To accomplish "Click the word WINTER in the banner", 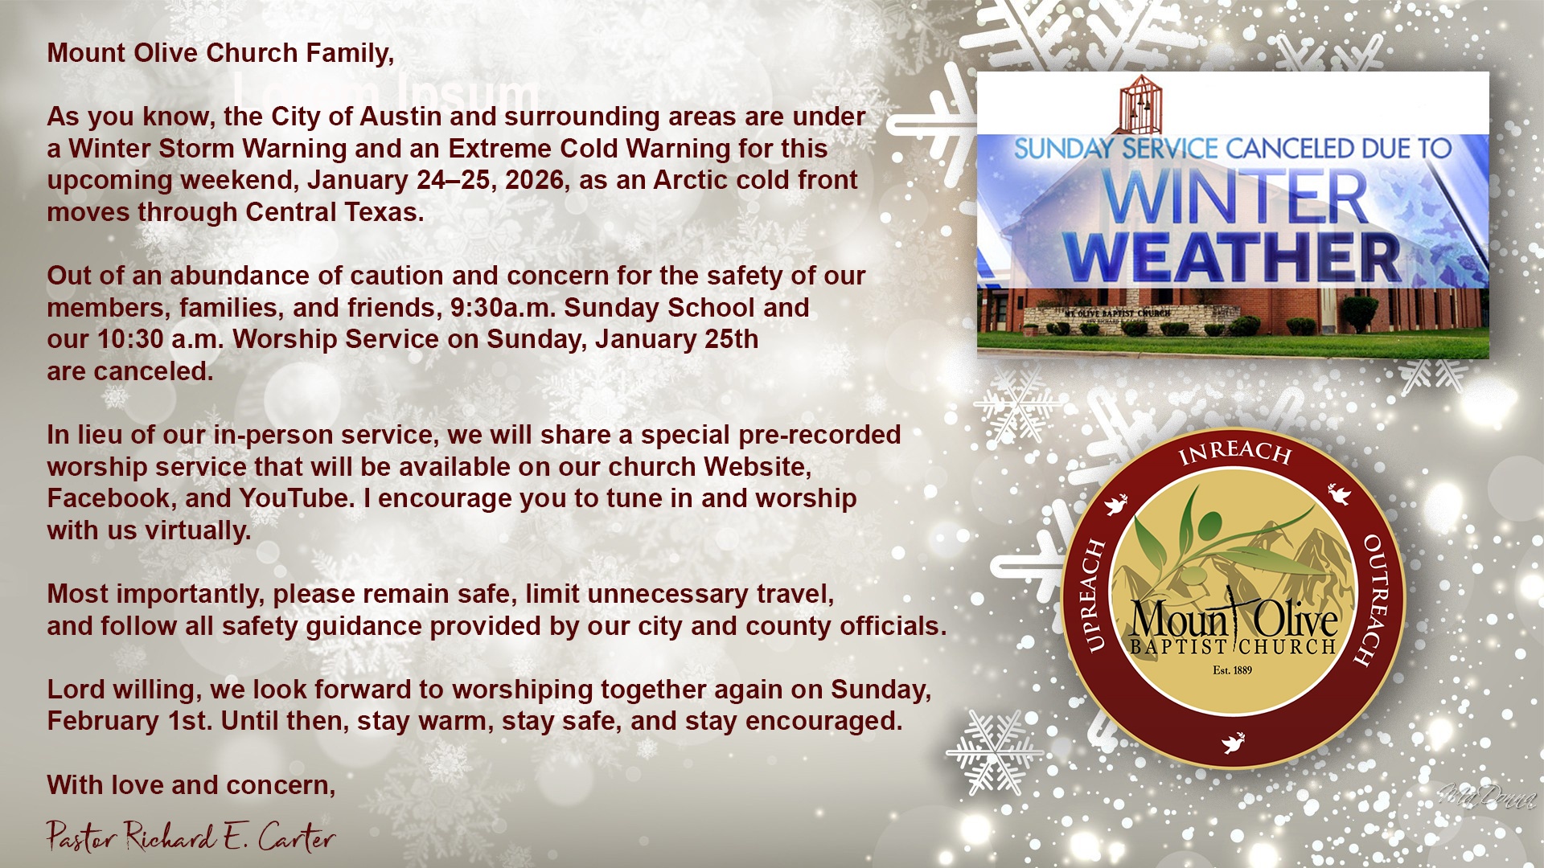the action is (x=1236, y=198).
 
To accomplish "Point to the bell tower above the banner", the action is (x=1140, y=104).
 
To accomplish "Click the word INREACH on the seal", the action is (x=1234, y=452).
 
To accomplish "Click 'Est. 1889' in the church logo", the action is (x=1232, y=669).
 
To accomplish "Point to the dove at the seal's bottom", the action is (x=1233, y=743).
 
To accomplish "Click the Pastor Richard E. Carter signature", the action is (x=191, y=837).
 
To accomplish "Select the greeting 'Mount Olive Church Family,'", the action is (x=220, y=53).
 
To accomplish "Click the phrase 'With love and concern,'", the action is (x=191, y=785).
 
